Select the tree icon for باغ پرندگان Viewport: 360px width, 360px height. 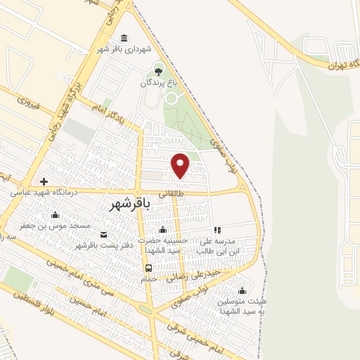coord(159,70)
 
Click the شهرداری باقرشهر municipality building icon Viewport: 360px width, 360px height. coord(124,38)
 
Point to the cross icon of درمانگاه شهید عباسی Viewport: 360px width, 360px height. coord(44,182)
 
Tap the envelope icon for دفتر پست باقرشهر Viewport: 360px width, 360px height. coord(104,234)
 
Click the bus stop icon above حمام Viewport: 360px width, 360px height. coord(148,268)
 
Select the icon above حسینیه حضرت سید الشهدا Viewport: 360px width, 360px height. coord(163,229)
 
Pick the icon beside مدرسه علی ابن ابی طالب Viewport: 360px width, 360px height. coord(217,230)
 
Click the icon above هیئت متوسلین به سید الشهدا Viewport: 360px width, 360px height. coord(243,290)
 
